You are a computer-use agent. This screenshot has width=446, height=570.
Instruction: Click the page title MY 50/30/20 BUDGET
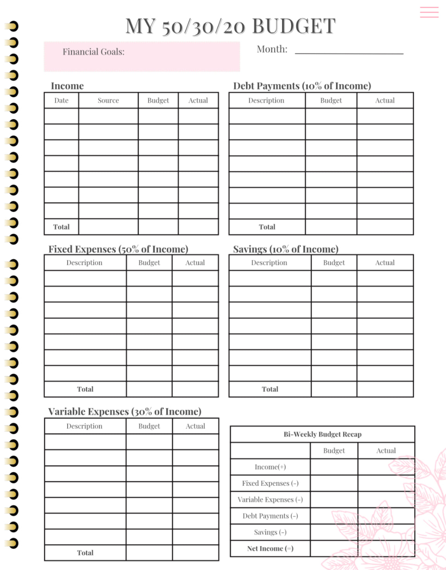click(230, 26)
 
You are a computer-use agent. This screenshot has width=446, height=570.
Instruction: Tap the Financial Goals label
click(93, 52)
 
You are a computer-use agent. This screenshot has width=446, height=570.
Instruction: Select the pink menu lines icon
click(429, 12)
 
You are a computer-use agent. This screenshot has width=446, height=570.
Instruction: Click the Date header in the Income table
click(61, 100)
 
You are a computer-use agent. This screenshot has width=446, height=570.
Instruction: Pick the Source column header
click(108, 100)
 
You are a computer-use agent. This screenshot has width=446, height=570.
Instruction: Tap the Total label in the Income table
click(61, 227)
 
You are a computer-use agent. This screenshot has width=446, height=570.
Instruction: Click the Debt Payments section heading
click(302, 86)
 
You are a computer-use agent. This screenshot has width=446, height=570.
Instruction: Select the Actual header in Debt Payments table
click(385, 100)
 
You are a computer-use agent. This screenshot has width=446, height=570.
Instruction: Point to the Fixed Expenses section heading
click(118, 249)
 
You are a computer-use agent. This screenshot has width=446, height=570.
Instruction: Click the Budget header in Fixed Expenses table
click(149, 263)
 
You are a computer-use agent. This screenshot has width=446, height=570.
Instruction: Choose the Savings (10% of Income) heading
click(285, 249)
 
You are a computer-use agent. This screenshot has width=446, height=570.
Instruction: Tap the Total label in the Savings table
click(270, 389)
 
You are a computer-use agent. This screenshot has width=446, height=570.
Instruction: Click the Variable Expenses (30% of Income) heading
click(124, 411)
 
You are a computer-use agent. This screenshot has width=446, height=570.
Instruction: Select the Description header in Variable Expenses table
click(84, 426)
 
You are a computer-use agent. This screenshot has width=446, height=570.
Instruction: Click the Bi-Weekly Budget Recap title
click(322, 434)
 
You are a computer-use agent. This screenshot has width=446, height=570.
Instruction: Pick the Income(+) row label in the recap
click(270, 467)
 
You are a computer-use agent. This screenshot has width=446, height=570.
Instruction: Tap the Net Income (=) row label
click(270, 548)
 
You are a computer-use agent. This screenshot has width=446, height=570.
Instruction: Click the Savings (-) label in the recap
click(270, 532)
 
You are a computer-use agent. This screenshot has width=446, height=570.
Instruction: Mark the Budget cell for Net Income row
click(334, 548)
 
